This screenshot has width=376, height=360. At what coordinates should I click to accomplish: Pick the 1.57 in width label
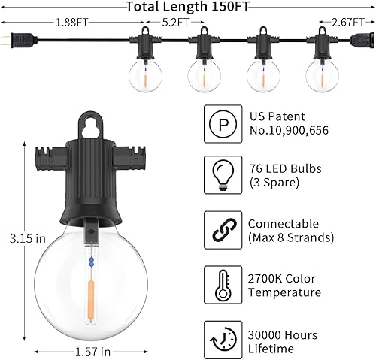click(94, 351)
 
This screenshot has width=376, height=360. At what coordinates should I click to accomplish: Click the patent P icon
click(222, 123)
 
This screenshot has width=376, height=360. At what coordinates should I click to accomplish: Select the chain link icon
click(222, 230)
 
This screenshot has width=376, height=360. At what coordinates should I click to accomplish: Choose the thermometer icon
click(222, 284)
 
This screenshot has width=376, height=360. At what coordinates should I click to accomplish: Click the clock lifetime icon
click(222, 339)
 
